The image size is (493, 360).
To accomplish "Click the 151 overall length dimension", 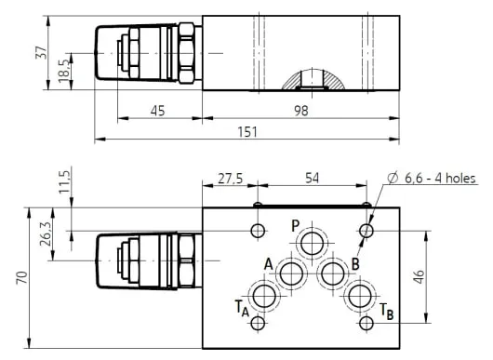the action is coord(247,132).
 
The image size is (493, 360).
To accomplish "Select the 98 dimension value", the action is coord(300,111).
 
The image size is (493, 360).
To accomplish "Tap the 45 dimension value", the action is coord(157,111).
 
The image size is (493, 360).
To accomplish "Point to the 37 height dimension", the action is coord(41,52).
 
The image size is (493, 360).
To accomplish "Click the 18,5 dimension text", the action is coord(64,71).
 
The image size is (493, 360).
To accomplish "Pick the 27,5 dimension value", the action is coord(231,179).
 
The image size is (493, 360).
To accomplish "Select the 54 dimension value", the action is coord(312,179).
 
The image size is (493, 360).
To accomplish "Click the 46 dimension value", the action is coord(420,276).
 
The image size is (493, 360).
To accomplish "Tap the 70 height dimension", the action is coord(22,278).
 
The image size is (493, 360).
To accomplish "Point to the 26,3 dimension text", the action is coord(46,233).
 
